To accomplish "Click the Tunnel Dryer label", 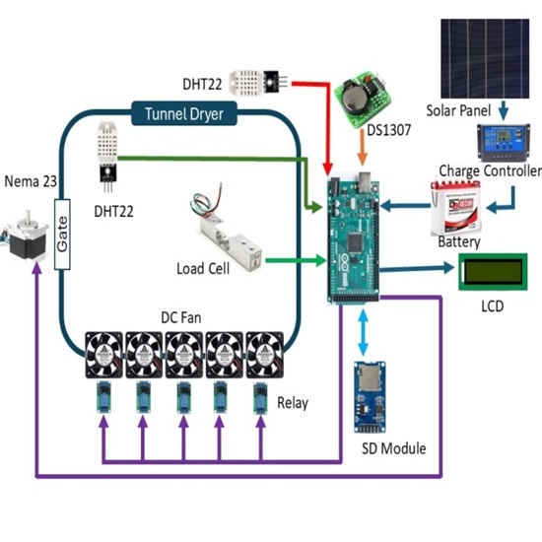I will click(183, 114).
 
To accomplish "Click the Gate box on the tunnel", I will click(61, 229).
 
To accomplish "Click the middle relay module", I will click(182, 398).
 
